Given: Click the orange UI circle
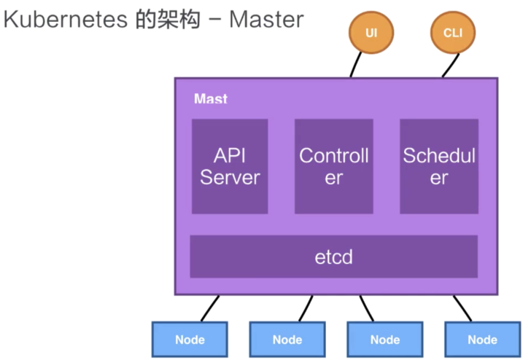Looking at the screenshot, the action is coord(371,33).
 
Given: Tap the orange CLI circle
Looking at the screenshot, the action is coord(453,33).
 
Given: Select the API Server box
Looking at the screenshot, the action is coord(230,166).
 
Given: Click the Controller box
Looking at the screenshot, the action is coord(334,166).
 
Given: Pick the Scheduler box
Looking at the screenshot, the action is coord(439,166).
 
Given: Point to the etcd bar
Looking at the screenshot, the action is coord(334,257).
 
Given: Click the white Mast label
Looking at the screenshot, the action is coord(211,98).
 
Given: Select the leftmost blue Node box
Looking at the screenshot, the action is coord(190,340).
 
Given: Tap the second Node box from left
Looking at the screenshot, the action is coord(287,340).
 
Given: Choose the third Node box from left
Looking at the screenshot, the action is coord(385,340).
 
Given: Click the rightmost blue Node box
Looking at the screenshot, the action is coord(483,340).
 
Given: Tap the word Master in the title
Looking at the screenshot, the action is coord(266,19).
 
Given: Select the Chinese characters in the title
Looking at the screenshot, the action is coord(168,19).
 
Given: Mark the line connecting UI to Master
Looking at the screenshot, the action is coord(356,65).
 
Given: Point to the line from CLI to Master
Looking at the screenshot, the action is coord(451,66).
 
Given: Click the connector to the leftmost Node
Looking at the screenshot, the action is coord(210,308).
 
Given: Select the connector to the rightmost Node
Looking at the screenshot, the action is coord(462,308).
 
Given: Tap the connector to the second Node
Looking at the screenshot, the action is coord(306,308).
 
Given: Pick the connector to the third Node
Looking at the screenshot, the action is coord(367,308).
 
